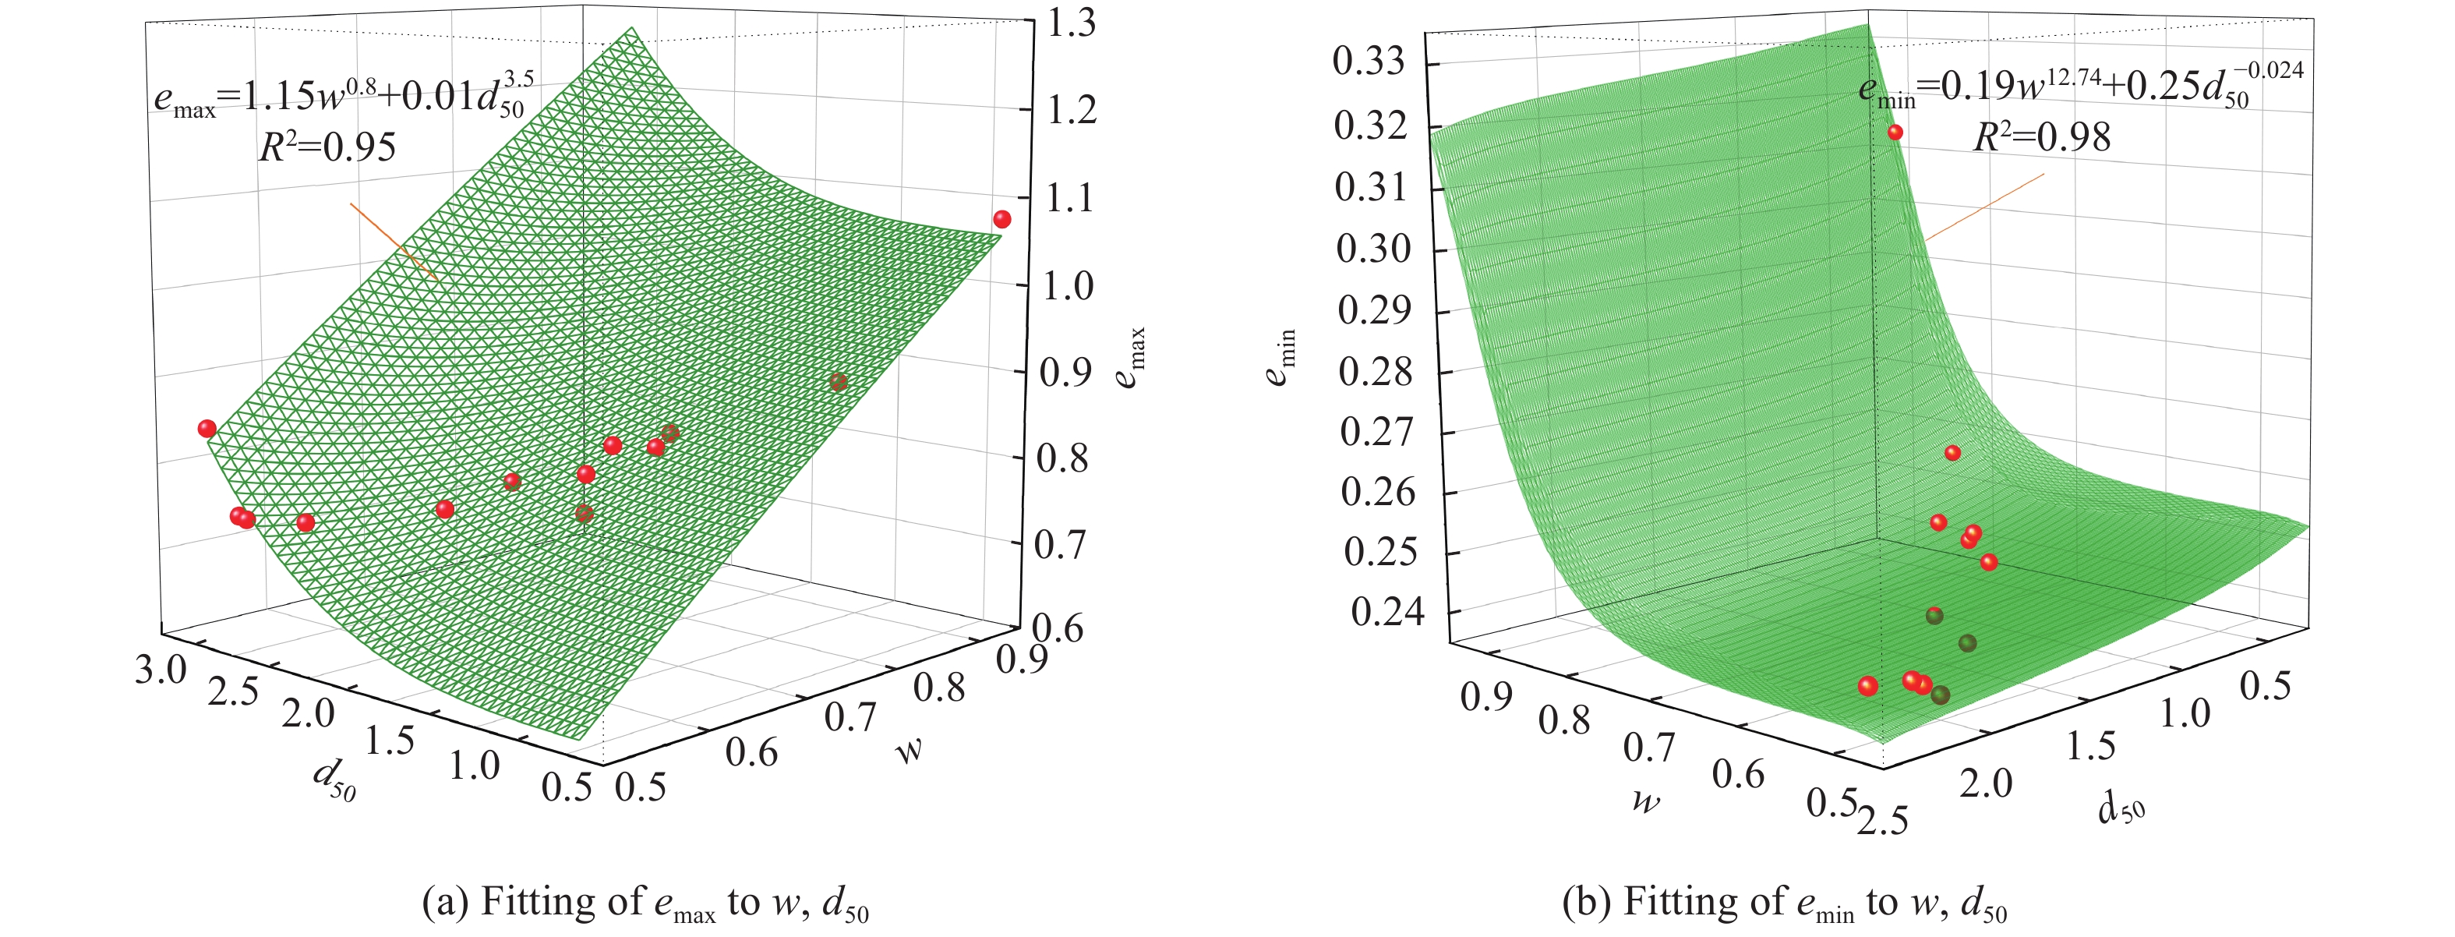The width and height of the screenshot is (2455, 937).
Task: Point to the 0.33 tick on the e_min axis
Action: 1369,62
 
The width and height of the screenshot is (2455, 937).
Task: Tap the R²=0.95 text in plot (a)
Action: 327,147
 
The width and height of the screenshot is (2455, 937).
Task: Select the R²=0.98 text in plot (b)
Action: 2041,137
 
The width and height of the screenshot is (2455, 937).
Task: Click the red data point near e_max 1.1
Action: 1001,219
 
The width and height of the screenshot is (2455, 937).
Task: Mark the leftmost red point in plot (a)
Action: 207,428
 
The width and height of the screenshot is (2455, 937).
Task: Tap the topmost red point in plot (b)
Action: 1895,133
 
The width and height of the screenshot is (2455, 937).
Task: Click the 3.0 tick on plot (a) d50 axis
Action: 160,670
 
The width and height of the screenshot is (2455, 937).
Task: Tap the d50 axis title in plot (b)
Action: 2121,809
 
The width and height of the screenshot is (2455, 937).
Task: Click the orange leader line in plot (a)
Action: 393,241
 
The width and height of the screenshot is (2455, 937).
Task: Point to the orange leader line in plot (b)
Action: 1984,207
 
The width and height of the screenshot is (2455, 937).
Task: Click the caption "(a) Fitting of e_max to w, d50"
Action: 645,903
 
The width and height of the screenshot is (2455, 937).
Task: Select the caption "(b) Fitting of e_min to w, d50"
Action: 1784,903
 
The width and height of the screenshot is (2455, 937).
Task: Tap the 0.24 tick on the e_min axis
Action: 1386,612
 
